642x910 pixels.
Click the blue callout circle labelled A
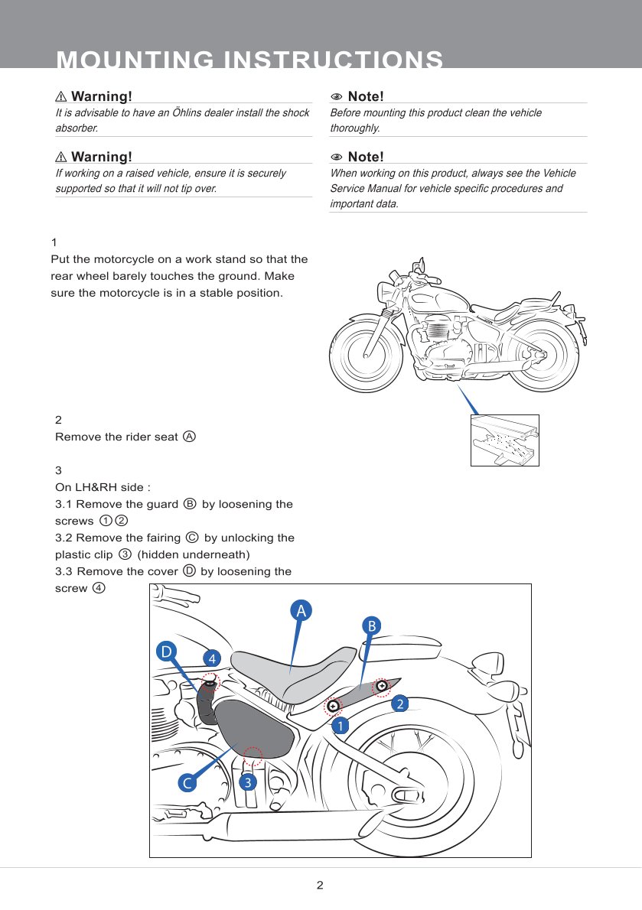click(x=301, y=610)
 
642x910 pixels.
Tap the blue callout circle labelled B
click(x=371, y=626)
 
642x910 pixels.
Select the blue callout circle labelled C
click(x=186, y=783)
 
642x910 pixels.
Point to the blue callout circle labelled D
click(x=165, y=652)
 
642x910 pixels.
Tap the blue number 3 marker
click(x=247, y=782)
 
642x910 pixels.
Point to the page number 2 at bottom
click(x=320, y=886)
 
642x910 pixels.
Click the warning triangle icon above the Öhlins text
click(x=61, y=97)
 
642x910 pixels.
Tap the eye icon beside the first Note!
click(x=336, y=97)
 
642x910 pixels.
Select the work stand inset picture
click(x=504, y=440)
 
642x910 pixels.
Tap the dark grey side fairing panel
click(x=253, y=726)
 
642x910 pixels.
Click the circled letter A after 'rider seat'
click(x=189, y=437)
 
